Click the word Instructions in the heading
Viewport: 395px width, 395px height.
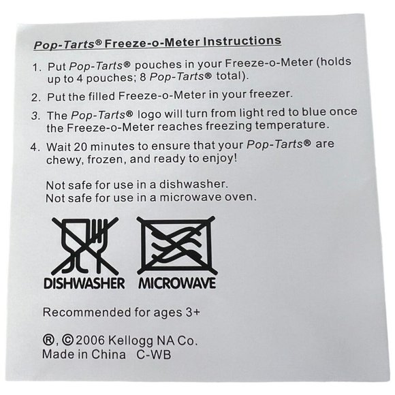[x=242, y=41]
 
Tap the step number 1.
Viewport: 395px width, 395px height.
[x=37, y=67]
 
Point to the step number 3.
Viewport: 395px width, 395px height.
[x=36, y=116]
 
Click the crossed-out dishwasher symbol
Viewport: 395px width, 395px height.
[x=85, y=247]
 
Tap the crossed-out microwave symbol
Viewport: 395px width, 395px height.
[x=177, y=246]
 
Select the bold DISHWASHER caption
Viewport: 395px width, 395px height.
[x=84, y=283]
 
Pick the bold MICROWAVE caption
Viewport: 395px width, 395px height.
[x=177, y=283]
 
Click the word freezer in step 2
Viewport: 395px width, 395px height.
[x=271, y=94]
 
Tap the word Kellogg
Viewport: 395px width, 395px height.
[x=131, y=342]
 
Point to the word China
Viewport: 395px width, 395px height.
[x=108, y=354]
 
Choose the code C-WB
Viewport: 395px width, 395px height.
[x=154, y=354]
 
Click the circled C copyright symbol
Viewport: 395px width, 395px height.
[x=68, y=341]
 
